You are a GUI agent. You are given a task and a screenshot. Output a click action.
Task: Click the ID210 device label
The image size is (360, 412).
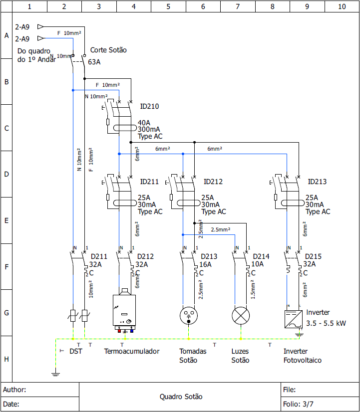[x=149, y=106]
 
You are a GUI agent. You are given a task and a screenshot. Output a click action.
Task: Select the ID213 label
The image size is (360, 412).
[x=317, y=182]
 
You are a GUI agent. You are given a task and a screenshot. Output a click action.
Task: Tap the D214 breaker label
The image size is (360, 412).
[x=261, y=257]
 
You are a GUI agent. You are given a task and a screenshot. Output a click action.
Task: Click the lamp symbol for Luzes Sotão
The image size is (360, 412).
[x=241, y=316]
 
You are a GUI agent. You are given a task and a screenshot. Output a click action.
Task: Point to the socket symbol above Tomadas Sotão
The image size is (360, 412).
[x=188, y=316]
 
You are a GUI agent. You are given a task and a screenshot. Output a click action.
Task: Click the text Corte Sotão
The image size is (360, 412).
[x=108, y=50]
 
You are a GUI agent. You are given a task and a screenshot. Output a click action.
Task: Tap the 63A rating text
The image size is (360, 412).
[x=94, y=62]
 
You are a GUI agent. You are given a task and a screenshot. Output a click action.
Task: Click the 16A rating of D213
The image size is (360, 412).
[x=205, y=265]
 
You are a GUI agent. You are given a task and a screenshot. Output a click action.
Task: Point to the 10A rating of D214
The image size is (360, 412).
[x=257, y=265]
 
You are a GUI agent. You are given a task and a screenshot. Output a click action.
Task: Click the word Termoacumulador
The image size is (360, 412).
[x=132, y=351]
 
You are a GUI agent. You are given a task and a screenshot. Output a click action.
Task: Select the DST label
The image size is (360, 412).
[x=76, y=351]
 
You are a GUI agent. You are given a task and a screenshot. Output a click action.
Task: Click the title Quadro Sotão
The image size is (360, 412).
[x=181, y=397]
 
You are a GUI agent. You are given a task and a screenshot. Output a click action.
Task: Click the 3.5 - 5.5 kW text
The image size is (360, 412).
[x=326, y=323]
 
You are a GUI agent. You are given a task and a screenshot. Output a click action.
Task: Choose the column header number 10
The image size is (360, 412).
[x=342, y=6]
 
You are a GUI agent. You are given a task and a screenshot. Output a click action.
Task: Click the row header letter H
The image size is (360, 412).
[x=6, y=359]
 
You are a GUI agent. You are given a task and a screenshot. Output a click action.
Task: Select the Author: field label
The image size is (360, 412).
[x=14, y=390]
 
